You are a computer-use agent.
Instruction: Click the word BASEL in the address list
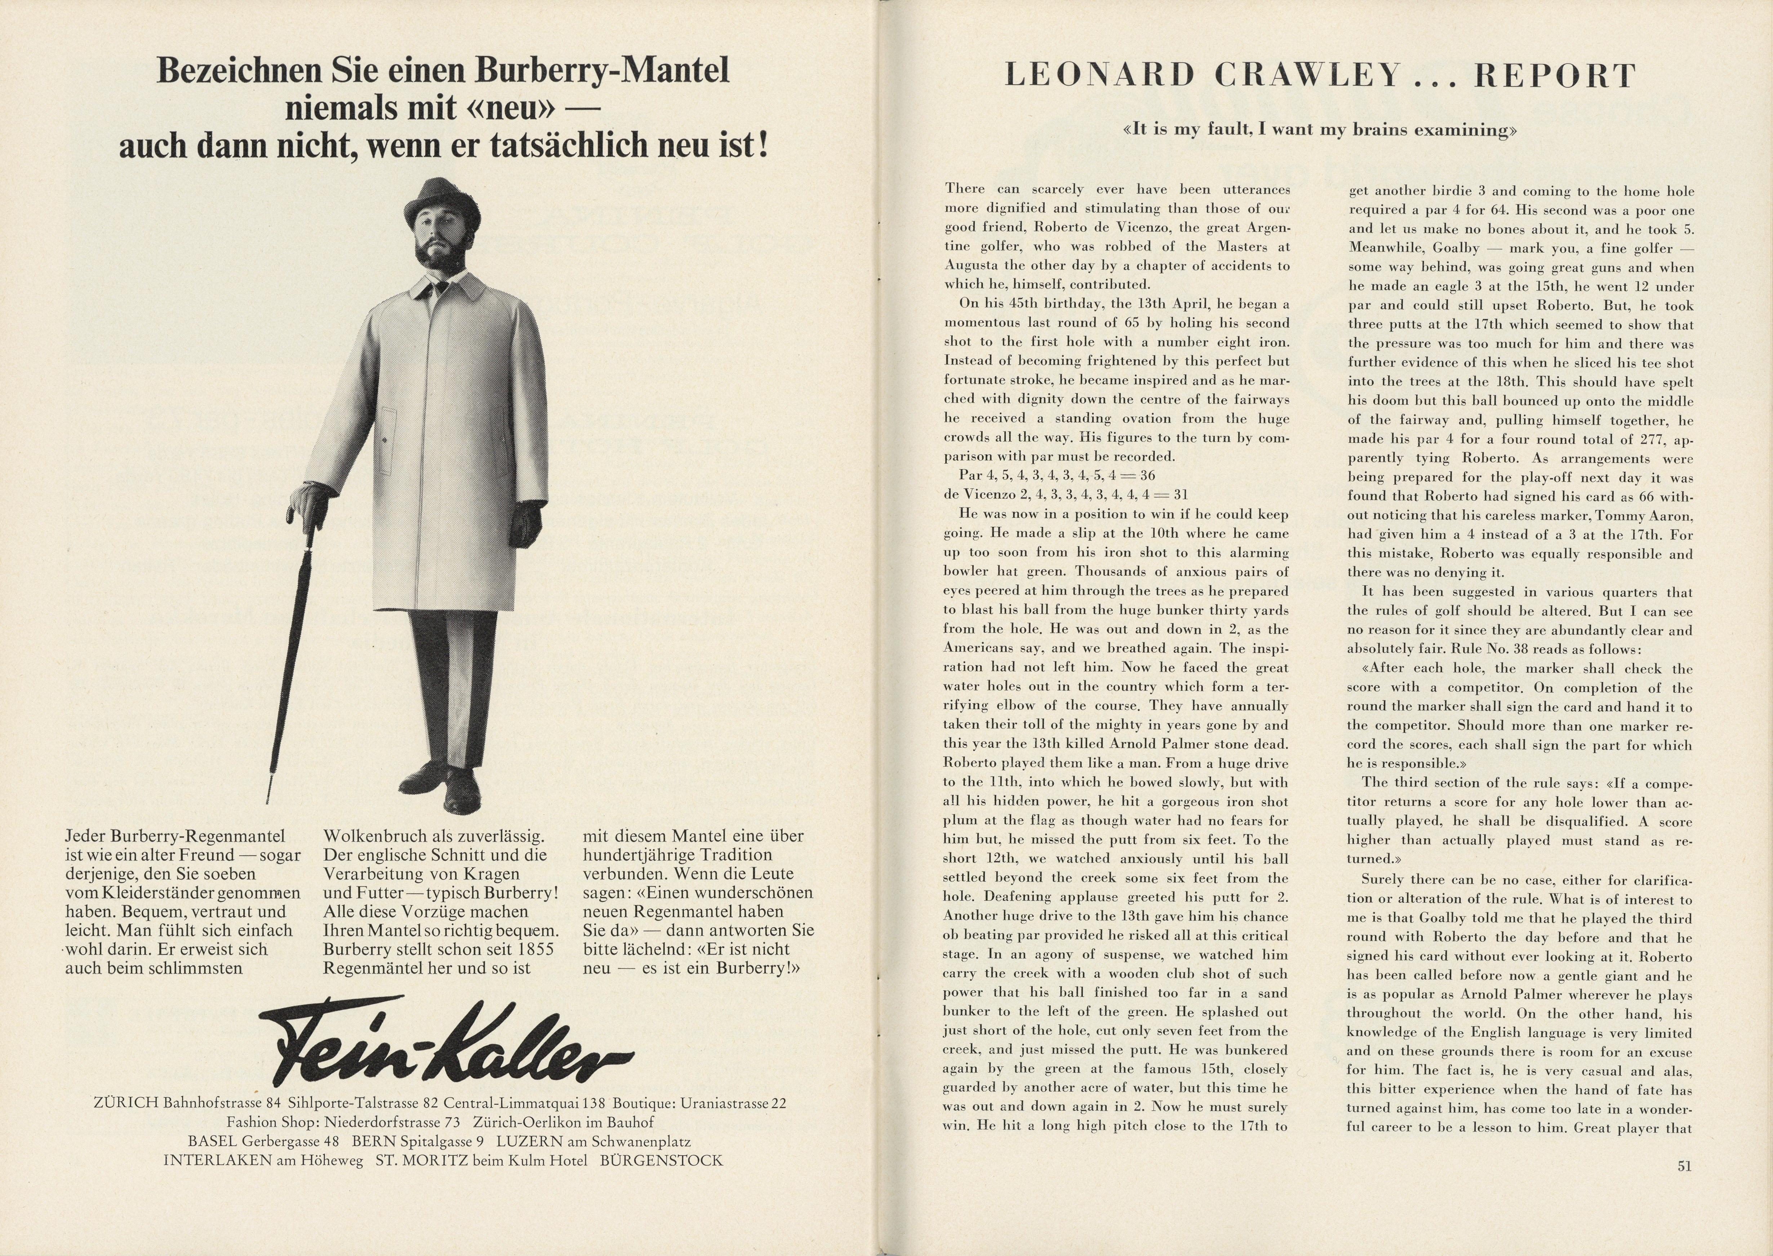(213, 1141)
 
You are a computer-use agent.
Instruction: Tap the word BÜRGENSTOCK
(661, 1160)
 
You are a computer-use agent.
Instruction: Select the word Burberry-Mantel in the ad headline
(601, 71)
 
